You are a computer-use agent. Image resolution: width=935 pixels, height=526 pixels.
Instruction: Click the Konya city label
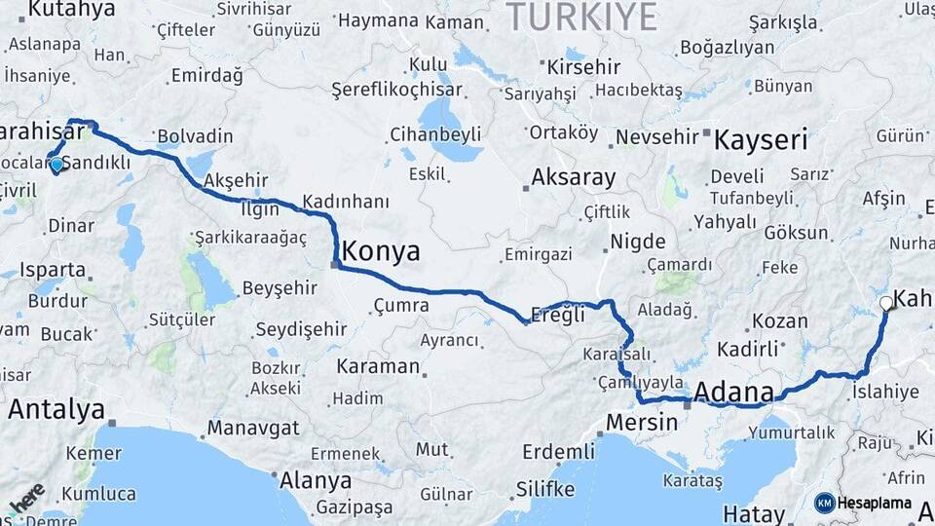(381, 252)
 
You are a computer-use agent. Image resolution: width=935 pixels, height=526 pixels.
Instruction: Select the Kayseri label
(761, 139)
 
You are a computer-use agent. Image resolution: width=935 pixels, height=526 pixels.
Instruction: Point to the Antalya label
(56, 410)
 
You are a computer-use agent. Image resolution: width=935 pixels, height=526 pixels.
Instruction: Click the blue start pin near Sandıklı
(56, 165)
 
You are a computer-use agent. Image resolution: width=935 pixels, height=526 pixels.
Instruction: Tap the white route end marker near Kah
(885, 303)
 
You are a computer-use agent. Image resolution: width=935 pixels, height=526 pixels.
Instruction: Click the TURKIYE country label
(581, 17)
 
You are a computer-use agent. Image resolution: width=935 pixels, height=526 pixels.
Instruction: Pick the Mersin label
(641, 423)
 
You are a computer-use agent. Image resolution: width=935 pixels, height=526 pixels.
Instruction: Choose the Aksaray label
(573, 178)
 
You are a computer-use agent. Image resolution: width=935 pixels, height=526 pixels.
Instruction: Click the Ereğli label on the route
(557, 316)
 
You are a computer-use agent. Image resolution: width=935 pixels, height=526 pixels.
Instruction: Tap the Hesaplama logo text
(875, 504)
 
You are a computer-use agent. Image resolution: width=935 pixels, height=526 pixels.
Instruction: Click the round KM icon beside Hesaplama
(825, 504)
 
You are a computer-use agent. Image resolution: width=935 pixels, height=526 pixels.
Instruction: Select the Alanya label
(316, 481)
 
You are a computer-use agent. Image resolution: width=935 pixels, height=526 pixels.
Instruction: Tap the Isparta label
(53, 270)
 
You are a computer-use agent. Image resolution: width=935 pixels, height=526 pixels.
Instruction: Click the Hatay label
(753, 513)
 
